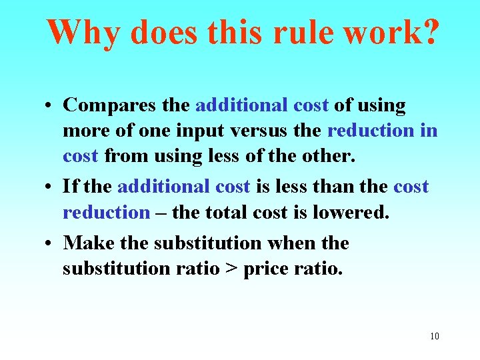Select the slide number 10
coord(435,336)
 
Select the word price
coord(265,269)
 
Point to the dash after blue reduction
coord(161,213)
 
